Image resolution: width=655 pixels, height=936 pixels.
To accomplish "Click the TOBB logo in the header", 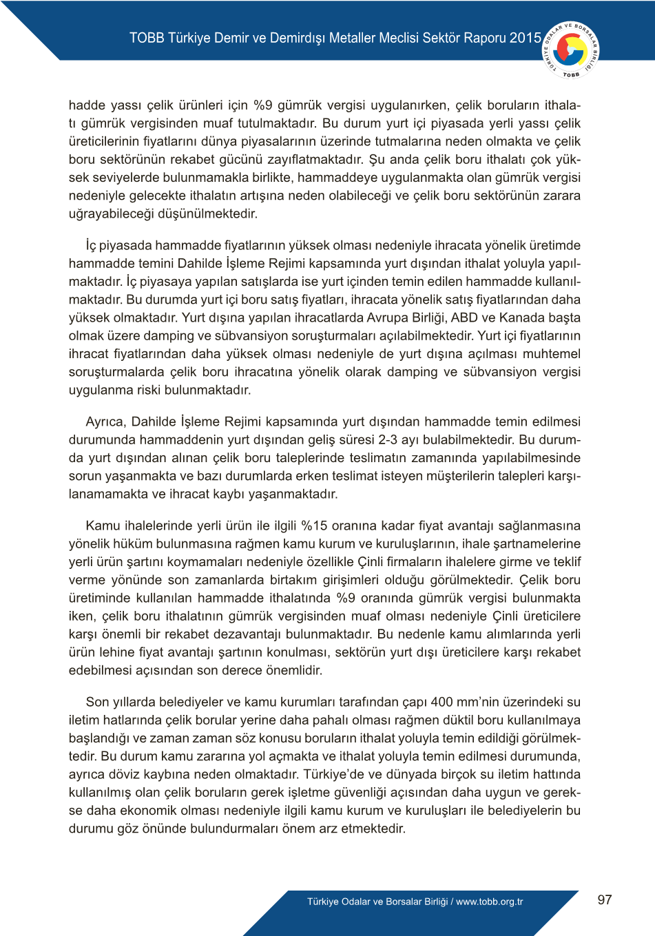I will (x=571, y=50).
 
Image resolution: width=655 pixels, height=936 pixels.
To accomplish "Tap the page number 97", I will (x=605, y=899).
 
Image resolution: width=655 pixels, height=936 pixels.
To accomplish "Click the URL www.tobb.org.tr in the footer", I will (x=490, y=902).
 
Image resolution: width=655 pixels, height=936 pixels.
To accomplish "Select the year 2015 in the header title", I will (x=526, y=38).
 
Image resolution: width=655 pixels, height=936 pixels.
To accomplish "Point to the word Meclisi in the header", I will (x=395, y=38).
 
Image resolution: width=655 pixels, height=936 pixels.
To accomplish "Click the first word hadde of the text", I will (x=87, y=105).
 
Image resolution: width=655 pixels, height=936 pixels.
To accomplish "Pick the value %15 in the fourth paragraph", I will (x=314, y=526).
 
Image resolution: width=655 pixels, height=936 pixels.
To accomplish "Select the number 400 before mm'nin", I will (x=441, y=702).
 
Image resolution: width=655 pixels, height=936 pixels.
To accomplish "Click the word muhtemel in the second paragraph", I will (x=552, y=353).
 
